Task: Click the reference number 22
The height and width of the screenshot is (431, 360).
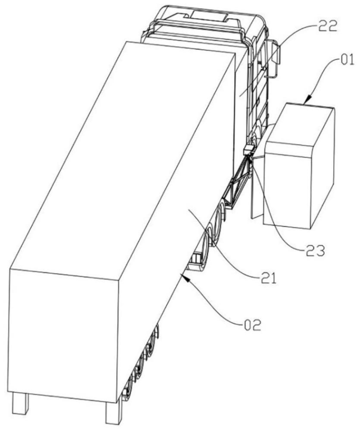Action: pos(328,28)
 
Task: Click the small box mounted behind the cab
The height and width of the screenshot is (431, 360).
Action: pos(249,150)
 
